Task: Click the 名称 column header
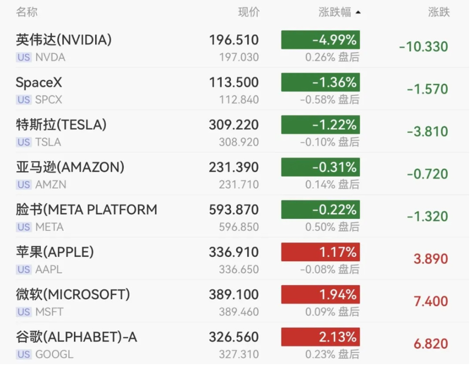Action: [x=27, y=12]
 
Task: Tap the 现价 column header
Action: [x=249, y=12]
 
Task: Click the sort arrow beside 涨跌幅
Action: [x=358, y=13]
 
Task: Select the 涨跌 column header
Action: [x=439, y=12]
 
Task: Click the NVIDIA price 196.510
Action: [x=234, y=40]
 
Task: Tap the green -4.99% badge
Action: [x=320, y=40]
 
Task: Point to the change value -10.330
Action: [x=423, y=47]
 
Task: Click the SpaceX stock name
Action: [x=39, y=83]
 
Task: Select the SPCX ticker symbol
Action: [x=49, y=100]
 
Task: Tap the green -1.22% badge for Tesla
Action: [x=320, y=125]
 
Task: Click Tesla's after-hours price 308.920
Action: [x=239, y=142]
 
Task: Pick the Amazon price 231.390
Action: [x=234, y=167]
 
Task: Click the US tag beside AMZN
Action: [x=24, y=184]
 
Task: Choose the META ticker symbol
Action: [x=49, y=227]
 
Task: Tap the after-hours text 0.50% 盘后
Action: [x=332, y=227]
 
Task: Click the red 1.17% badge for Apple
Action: [x=320, y=252]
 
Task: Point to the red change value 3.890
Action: [x=431, y=259]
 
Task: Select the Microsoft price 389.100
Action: [x=234, y=294]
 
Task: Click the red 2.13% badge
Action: [x=320, y=337]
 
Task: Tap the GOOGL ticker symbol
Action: [x=54, y=354]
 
